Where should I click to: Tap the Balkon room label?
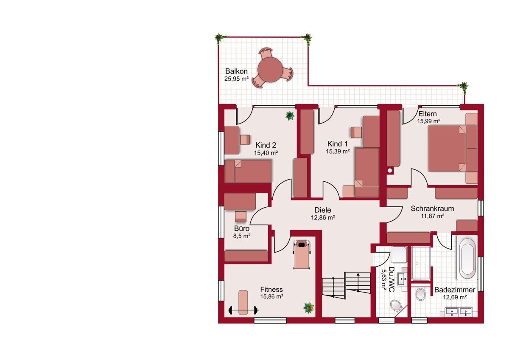coord(236,71)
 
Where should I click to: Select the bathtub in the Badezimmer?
coord(467,259)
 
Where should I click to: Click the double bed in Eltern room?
coord(453,148)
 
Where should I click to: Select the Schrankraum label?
coord(432,208)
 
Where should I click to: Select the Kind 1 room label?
coord(338,144)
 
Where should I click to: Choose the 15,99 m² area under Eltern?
coord(428,121)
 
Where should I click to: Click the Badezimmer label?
coord(455,290)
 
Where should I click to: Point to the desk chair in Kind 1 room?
coord(356,132)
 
